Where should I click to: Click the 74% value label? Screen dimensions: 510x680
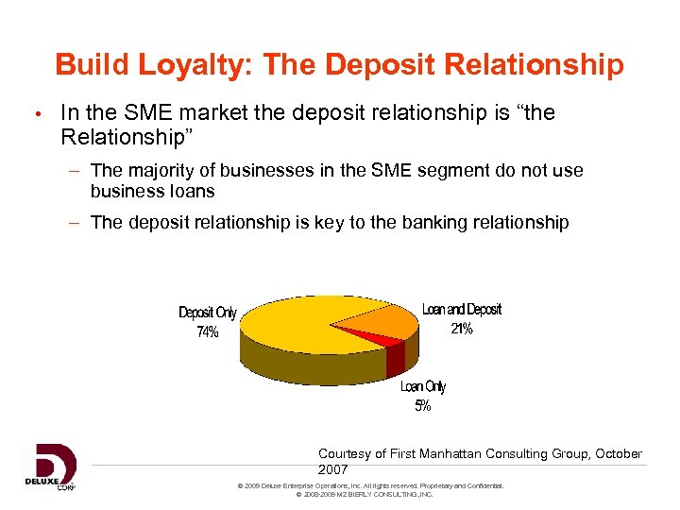pyautogui.click(x=207, y=331)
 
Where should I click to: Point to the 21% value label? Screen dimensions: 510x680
pyautogui.click(x=461, y=329)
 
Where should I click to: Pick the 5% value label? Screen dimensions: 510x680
pyautogui.click(x=422, y=406)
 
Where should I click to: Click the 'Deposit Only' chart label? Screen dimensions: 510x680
pyautogui.click(x=208, y=313)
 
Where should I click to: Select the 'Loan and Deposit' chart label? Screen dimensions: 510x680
pyautogui.click(x=461, y=310)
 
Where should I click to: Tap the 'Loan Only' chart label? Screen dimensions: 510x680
pyautogui.click(x=422, y=387)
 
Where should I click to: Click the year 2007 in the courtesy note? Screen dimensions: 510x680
pyautogui.click(x=333, y=469)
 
